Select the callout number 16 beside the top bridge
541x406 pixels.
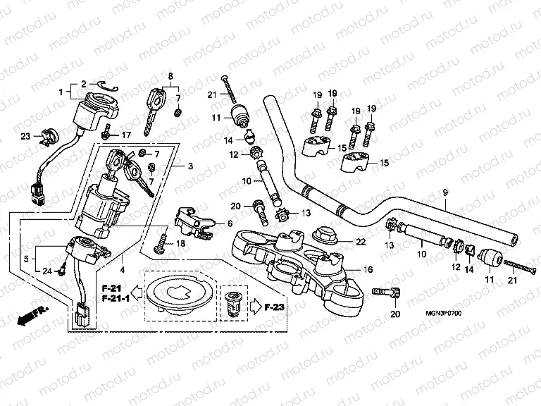pyautogui.click(x=367, y=269)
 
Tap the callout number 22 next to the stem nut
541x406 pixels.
pyautogui.click(x=361, y=242)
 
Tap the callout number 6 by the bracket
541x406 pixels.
pyautogui.click(x=229, y=223)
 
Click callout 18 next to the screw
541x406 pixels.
pyautogui.click(x=180, y=243)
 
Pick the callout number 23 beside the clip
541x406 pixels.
pyautogui.click(x=25, y=137)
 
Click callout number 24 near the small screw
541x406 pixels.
pyautogui.click(x=46, y=270)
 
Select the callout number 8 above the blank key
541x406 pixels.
pyautogui.click(x=170, y=75)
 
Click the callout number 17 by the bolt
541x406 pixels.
pyautogui.click(x=127, y=135)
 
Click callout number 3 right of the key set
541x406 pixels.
pyautogui.click(x=190, y=166)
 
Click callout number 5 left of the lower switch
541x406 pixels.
pyautogui.click(x=27, y=259)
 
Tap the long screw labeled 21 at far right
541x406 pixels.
pyautogui.click(x=518, y=268)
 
